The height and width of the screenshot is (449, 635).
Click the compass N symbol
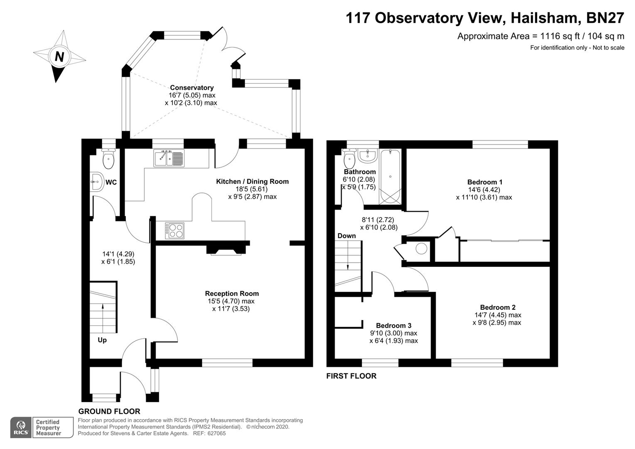[59, 57]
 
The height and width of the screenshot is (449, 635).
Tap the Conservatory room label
[192, 88]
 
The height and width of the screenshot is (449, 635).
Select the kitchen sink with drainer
[169, 158]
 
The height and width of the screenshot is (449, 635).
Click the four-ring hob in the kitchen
[175, 231]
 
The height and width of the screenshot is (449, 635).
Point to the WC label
[111, 182]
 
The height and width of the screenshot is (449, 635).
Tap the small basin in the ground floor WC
[97, 182]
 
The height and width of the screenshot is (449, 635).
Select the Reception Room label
[231, 294]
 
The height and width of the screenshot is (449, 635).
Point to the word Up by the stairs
[102, 340]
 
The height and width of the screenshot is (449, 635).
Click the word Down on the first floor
[347, 236]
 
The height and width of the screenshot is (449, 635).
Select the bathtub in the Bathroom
[390, 177]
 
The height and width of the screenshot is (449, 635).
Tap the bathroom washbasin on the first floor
[367, 156]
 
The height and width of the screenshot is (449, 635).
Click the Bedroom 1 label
[485, 182]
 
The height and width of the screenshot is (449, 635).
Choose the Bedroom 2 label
[497, 307]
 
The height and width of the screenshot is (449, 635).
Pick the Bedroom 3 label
[394, 326]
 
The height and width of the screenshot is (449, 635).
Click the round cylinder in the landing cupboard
[421, 249]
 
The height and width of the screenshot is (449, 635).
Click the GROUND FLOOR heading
[109, 412]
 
